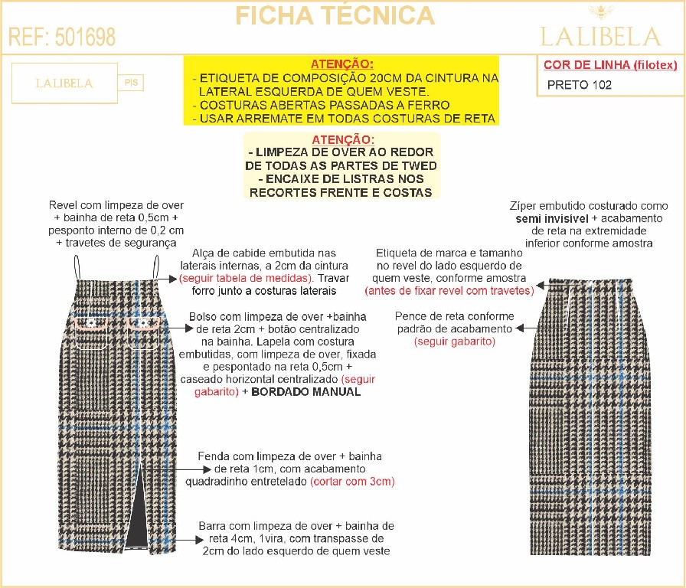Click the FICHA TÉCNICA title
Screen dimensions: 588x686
[335, 15]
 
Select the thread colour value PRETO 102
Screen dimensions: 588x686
[580, 85]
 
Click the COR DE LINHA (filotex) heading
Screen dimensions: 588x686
[610, 65]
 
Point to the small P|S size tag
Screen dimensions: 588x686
[130, 83]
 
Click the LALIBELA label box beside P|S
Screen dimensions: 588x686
[64, 83]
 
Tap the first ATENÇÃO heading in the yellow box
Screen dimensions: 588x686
[341, 64]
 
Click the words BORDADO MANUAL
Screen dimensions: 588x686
[306, 392]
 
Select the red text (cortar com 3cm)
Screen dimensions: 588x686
[352, 482]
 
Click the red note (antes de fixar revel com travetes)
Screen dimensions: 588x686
[449, 291]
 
